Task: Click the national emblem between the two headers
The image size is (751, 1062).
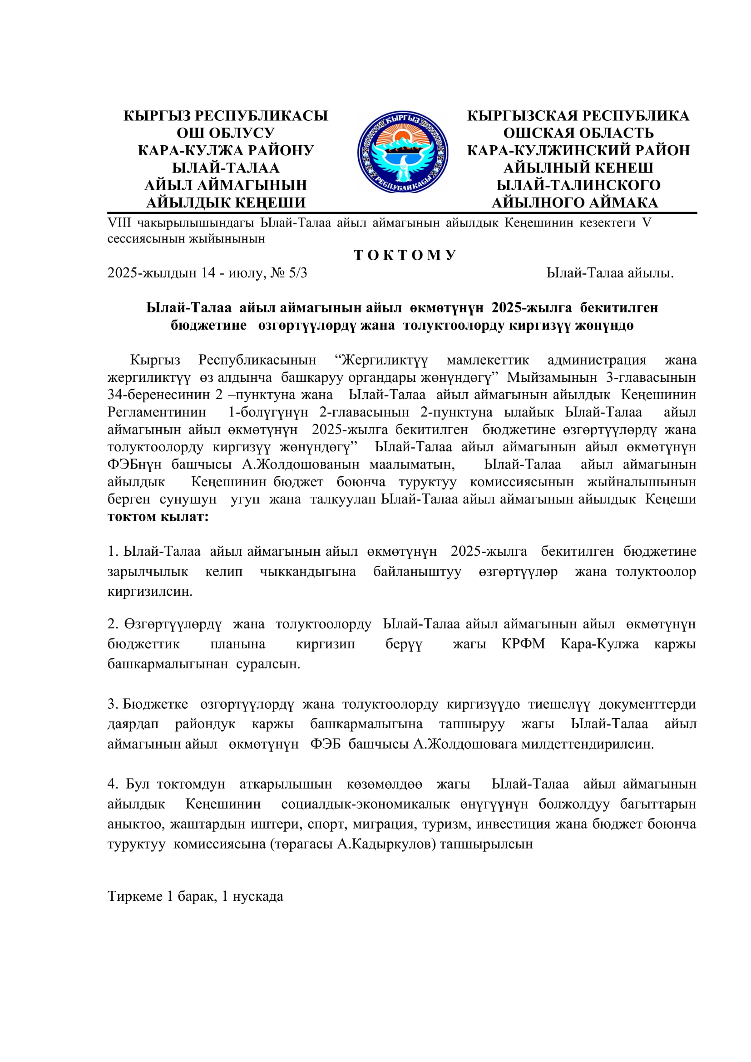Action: tap(402, 152)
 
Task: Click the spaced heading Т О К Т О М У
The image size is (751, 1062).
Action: tap(405, 255)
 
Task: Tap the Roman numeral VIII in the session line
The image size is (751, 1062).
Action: tap(119, 222)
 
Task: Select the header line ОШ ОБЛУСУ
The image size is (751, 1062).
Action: tap(226, 133)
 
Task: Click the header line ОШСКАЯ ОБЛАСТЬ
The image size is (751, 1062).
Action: tap(578, 133)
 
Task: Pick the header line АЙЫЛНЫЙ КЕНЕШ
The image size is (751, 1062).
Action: tap(578, 168)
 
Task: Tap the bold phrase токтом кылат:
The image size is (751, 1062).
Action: tap(158, 517)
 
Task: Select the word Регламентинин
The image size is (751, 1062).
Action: tap(157, 412)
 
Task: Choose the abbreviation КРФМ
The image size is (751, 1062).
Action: tap(523, 644)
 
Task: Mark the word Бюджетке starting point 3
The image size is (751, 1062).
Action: tap(155, 704)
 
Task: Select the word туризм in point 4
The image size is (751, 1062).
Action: tap(445, 824)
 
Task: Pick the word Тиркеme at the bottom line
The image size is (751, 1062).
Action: tap(135, 896)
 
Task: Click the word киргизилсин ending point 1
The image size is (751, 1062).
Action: tap(150, 591)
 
